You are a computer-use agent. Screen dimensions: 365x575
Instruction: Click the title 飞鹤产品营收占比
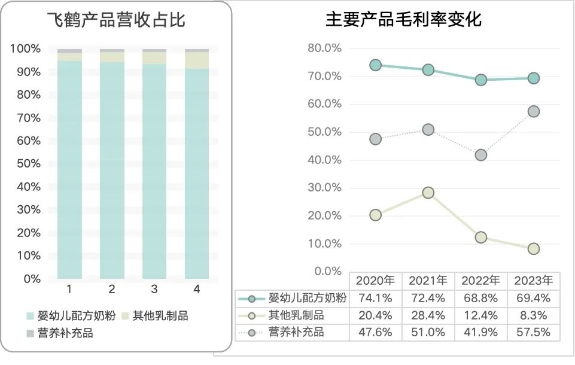pos(117,20)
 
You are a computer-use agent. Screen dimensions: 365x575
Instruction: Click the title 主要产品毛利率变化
pos(403,20)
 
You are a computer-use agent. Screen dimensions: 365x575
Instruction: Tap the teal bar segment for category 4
pos(197,174)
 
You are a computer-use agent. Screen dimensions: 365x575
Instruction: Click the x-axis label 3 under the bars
pos(154,290)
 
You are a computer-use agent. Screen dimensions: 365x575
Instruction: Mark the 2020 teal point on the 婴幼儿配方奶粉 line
pos(375,65)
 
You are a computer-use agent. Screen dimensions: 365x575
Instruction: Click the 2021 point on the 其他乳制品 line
pos(428,193)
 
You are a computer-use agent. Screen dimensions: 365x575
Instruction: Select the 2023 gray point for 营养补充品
pos(533,111)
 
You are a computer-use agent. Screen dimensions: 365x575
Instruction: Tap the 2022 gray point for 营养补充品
pos(480,155)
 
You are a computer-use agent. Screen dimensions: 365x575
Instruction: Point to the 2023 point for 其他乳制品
pos(533,248)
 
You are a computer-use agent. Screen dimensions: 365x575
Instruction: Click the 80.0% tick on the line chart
pos(324,48)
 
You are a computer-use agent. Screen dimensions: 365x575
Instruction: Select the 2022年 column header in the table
pos(481,281)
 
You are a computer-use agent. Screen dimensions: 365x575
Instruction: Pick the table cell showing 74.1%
pos(375,298)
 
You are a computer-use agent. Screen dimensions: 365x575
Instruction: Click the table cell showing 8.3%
pos(534,315)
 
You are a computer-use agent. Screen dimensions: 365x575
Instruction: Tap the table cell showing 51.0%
pos(428,332)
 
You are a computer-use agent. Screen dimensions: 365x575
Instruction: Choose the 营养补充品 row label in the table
pos(296,332)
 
